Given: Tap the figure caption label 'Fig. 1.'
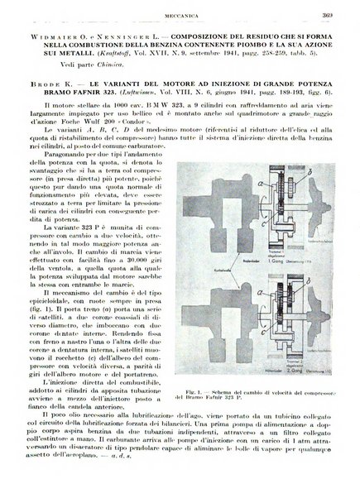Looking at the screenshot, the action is pos(185,389).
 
